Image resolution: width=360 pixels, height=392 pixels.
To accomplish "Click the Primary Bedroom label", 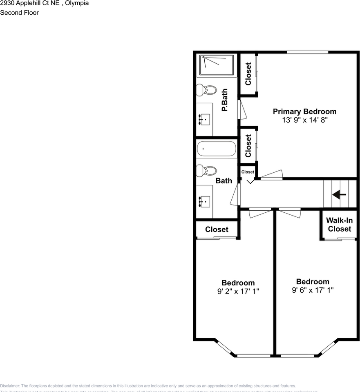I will tap(304, 111).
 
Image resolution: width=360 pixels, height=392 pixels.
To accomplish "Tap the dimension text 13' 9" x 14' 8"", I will tap(304, 120).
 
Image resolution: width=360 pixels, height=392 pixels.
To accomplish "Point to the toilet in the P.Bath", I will tap(206, 90).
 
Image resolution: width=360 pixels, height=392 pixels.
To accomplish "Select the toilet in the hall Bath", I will tap(206, 171).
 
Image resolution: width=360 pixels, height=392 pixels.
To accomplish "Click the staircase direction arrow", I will tap(339, 194).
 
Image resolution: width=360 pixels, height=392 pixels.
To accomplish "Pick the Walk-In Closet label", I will tap(339, 225).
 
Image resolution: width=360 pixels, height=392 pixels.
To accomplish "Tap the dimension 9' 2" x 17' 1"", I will tap(238, 292).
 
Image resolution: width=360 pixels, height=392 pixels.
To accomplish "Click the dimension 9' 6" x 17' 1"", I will tap(313, 290).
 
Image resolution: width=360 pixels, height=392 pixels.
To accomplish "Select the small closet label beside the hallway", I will tap(248, 172).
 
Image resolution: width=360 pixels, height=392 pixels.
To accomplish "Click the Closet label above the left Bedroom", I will tap(217, 229).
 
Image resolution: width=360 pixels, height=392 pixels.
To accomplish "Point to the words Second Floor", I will tap(19, 13).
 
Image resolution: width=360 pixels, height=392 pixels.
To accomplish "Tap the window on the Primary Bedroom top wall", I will tap(307, 52).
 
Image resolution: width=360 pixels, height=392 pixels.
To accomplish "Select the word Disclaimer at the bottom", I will tap(9, 386).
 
